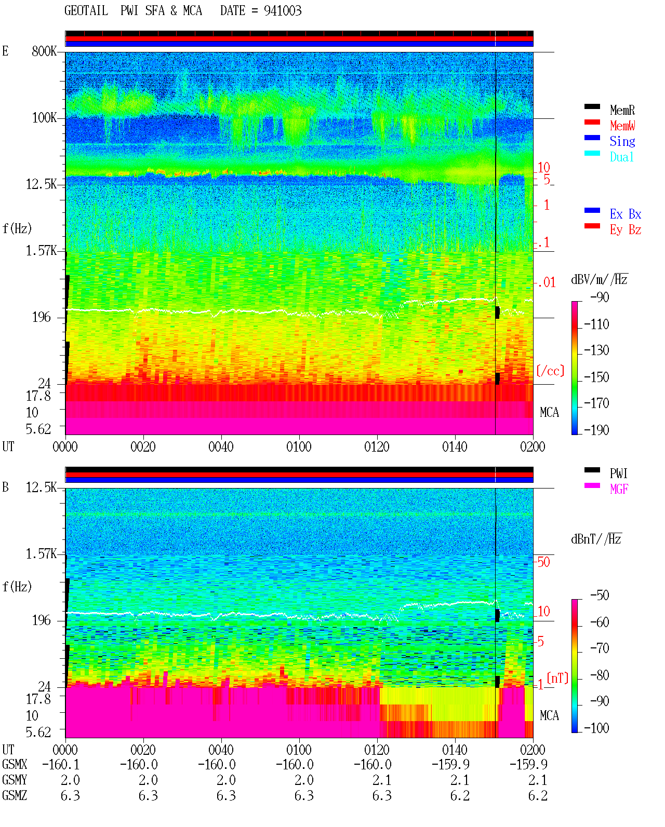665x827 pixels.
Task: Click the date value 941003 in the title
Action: pos(282,11)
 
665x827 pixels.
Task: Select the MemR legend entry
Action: pos(622,110)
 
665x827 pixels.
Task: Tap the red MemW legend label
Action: pos(622,126)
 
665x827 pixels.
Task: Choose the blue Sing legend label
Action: pos(622,141)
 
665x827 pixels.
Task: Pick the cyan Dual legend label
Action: pos(621,157)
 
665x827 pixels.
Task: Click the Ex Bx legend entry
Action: pos(625,214)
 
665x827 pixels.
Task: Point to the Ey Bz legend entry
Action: pos(625,230)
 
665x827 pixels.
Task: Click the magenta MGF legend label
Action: pos(619,489)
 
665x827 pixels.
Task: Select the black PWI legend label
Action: pos(618,473)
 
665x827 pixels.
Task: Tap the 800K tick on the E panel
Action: pos(44,51)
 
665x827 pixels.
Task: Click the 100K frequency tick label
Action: pos(44,118)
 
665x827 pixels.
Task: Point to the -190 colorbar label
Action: pos(596,430)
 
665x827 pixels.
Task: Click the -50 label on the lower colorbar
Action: pos(600,595)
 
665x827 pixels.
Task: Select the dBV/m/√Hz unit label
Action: pos(599,279)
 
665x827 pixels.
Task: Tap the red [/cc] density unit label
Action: pos(550,371)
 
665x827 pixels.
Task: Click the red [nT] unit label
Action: pos(557,678)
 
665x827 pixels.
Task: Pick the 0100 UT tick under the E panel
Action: pos(299,447)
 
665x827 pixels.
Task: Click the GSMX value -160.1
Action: pos(61,764)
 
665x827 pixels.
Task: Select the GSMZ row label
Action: pos(15,795)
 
